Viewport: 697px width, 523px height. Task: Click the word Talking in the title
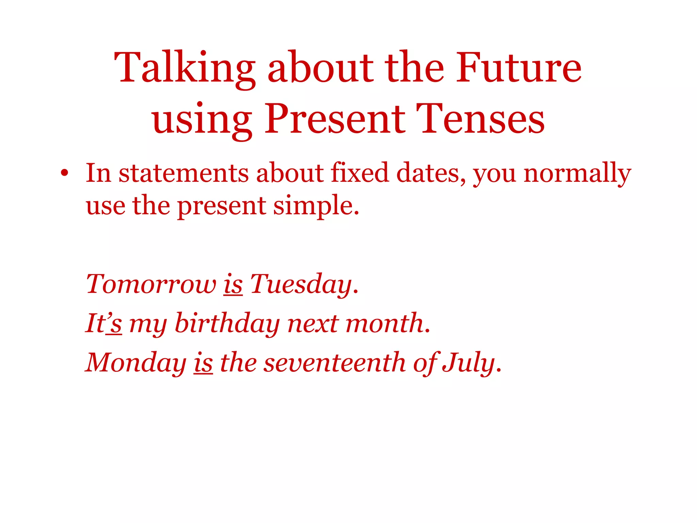click(x=184, y=68)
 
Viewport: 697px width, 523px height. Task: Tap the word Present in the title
click(x=335, y=119)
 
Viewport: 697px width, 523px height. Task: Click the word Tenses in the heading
click(x=480, y=119)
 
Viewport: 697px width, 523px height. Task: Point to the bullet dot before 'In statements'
click(x=64, y=173)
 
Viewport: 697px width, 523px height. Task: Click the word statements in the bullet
click(x=183, y=173)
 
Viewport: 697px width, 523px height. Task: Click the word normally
click(x=577, y=174)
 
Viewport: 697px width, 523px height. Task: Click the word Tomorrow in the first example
click(x=151, y=284)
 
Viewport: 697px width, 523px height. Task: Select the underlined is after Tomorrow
click(x=233, y=284)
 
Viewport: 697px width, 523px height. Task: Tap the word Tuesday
click(x=302, y=285)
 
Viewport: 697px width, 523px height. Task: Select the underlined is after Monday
click(x=203, y=363)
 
